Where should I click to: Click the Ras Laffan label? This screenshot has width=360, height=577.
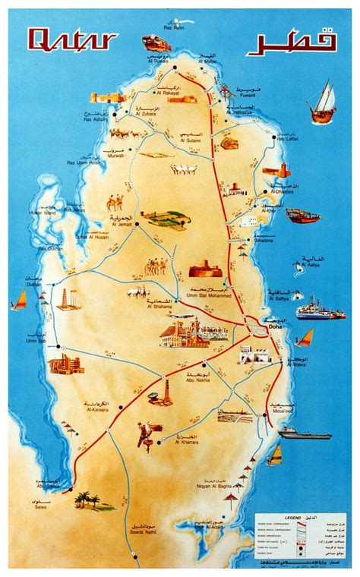290,140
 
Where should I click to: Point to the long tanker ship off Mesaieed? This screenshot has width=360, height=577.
304,433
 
